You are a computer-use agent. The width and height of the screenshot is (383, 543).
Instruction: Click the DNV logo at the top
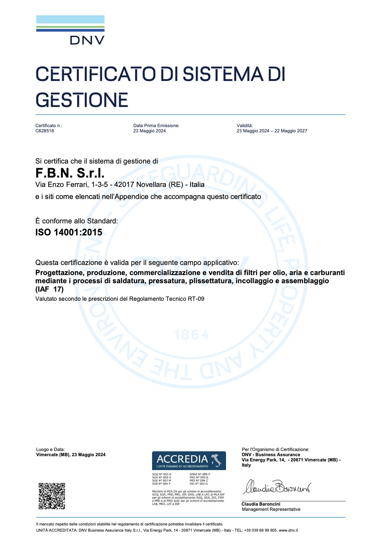click(70, 30)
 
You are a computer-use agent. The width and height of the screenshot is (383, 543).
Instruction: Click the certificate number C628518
click(45, 131)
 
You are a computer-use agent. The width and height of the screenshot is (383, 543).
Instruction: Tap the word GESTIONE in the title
click(82, 100)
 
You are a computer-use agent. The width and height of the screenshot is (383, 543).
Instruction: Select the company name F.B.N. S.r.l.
click(70, 173)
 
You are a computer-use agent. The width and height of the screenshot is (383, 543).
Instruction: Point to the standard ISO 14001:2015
click(69, 232)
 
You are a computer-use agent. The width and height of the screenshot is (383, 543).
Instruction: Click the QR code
click(52, 496)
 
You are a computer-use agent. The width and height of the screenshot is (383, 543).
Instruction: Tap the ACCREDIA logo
click(189, 460)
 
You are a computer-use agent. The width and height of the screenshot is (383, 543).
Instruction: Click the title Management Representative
click(271, 509)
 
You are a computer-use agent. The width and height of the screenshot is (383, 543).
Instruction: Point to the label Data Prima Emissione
click(156, 126)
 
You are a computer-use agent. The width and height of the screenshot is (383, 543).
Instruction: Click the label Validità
click(245, 126)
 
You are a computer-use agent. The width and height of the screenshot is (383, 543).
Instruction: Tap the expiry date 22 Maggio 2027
click(291, 131)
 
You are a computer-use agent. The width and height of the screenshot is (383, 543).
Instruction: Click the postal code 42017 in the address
click(124, 185)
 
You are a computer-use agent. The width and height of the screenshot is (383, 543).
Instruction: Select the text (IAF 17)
click(50, 289)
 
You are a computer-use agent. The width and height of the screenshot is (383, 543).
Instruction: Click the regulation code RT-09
click(196, 299)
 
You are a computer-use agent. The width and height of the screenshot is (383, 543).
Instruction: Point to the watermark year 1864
click(191, 335)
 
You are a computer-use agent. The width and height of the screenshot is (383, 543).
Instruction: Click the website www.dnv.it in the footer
click(288, 530)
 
